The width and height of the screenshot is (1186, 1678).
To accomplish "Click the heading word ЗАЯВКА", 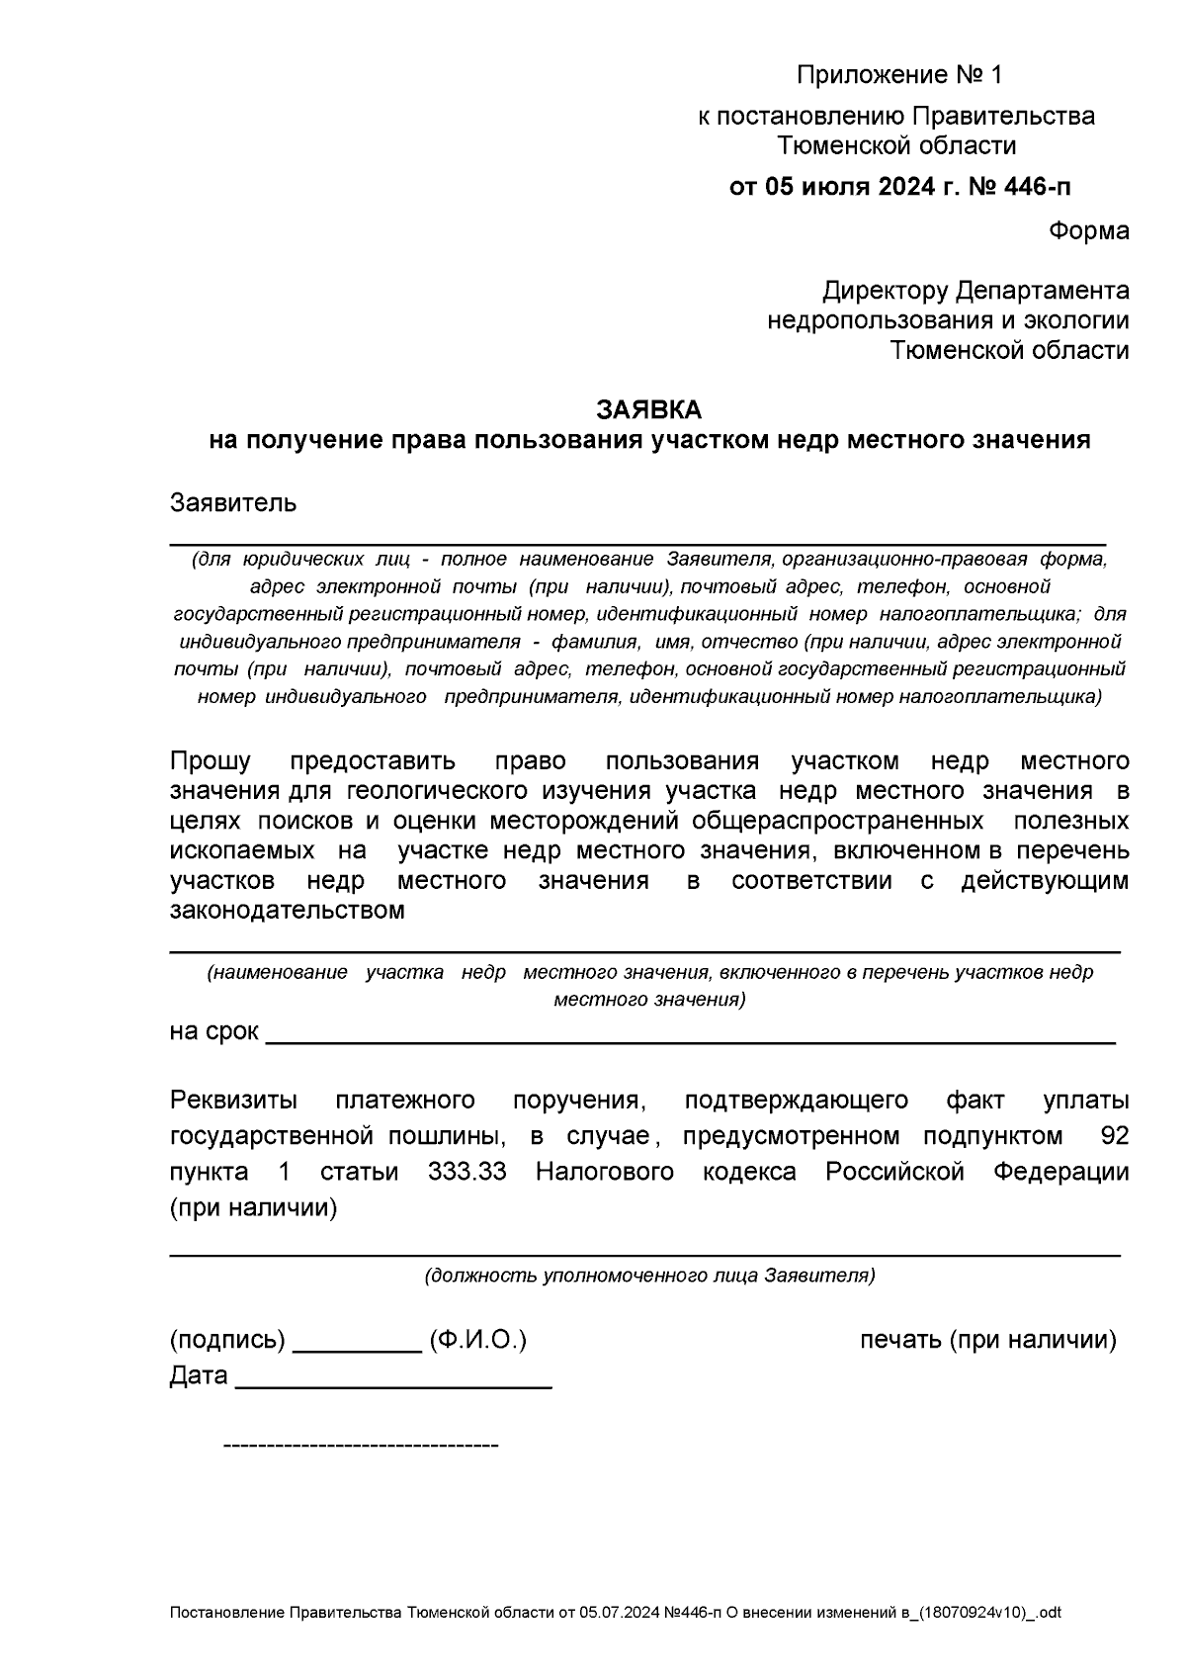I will [648, 409].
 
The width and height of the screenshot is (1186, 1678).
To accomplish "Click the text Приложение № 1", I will [898, 75].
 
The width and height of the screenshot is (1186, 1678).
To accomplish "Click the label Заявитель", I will [233, 502].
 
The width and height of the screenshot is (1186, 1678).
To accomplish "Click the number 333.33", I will [466, 1172].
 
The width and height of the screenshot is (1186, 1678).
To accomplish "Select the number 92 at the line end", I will [1114, 1135].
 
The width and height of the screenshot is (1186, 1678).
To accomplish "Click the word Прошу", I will [210, 761].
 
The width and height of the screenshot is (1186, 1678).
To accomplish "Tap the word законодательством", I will [287, 911].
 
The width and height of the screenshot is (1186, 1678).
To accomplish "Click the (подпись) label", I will [227, 1340].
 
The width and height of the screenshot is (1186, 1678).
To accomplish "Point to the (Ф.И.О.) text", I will [477, 1340].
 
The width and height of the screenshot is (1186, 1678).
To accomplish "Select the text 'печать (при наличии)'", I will [987, 1340].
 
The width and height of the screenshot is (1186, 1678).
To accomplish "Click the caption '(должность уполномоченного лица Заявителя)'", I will [649, 1276].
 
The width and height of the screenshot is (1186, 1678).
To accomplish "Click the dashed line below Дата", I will [361, 1447].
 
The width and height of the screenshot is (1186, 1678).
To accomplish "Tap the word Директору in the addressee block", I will [885, 291].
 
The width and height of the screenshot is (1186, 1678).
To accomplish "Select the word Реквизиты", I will [233, 1100].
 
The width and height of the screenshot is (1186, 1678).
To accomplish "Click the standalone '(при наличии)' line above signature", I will [253, 1207].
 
